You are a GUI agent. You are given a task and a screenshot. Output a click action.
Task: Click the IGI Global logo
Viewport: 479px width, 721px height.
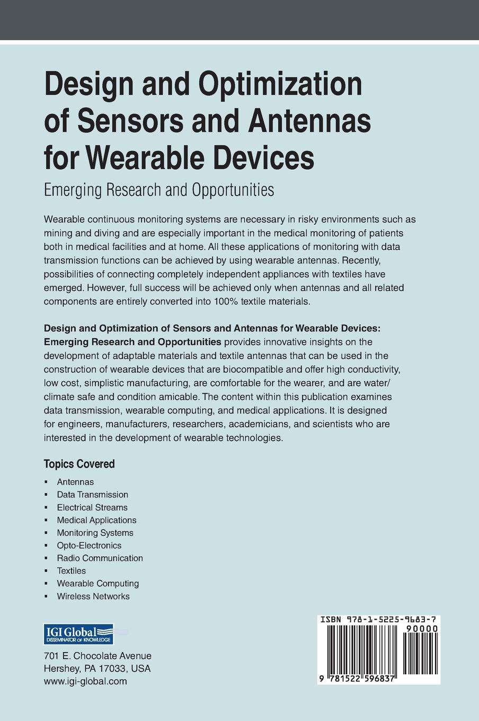pos(78,634)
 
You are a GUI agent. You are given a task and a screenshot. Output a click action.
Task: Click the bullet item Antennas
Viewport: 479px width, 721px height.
pos(75,482)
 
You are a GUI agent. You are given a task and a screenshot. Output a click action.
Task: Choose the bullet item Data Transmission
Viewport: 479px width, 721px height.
pos(92,495)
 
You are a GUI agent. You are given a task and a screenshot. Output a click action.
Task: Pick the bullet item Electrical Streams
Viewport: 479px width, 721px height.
pos(92,507)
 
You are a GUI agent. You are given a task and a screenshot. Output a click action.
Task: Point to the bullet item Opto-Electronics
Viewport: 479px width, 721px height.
pos(89,546)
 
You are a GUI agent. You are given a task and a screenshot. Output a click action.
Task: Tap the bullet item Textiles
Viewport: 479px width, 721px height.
pos(72,571)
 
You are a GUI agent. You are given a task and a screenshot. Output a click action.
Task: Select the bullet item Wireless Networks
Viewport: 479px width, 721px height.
pos(93,596)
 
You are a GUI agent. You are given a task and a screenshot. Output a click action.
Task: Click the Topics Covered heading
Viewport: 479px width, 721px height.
pos(79,464)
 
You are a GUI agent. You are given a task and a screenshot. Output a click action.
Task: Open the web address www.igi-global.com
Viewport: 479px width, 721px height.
pos(85,681)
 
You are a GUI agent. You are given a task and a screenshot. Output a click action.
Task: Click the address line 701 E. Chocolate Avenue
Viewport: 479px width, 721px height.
pos(97,656)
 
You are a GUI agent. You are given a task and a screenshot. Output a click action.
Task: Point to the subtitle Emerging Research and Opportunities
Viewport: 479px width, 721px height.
pos(159,189)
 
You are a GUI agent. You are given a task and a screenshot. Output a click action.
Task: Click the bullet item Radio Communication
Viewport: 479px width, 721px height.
pos(100,558)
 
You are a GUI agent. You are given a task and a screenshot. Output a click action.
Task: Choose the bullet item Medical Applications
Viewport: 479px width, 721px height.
pos(96,520)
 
